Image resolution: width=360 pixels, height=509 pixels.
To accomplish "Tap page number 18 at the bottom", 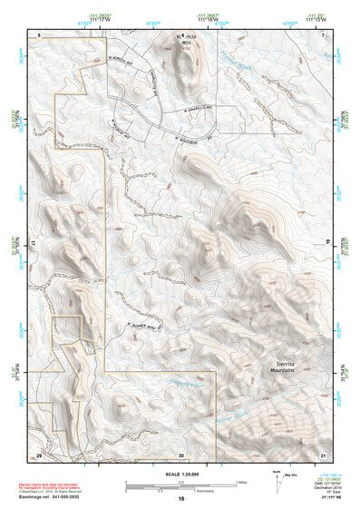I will [180, 499].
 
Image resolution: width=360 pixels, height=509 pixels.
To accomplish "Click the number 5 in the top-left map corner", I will [40, 34].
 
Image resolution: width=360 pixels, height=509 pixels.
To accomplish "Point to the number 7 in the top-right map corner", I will [323, 34].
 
